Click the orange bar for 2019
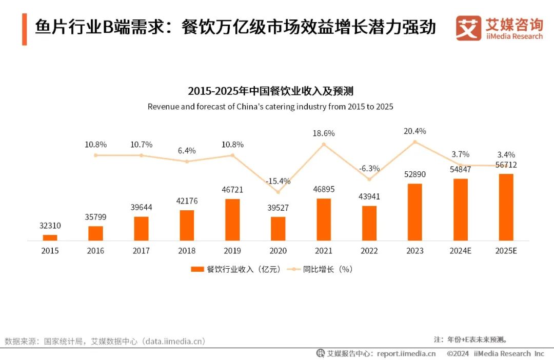point(232,219)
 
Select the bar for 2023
point(415,212)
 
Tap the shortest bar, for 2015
point(50,237)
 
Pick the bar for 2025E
point(506,207)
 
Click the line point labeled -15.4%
point(278,192)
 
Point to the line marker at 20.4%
point(415,141)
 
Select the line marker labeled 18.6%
point(324,144)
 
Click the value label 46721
point(232,190)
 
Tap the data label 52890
point(415,174)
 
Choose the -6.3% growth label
point(369,168)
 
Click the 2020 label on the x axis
point(278,251)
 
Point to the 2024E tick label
point(460,251)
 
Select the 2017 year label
point(141,251)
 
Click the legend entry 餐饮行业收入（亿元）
point(236,269)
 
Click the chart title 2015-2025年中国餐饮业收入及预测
point(270,91)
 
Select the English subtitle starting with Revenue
point(270,107)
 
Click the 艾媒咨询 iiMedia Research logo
point(499,28)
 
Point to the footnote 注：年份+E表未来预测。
point(470,339)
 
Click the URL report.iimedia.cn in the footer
point(406,353)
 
